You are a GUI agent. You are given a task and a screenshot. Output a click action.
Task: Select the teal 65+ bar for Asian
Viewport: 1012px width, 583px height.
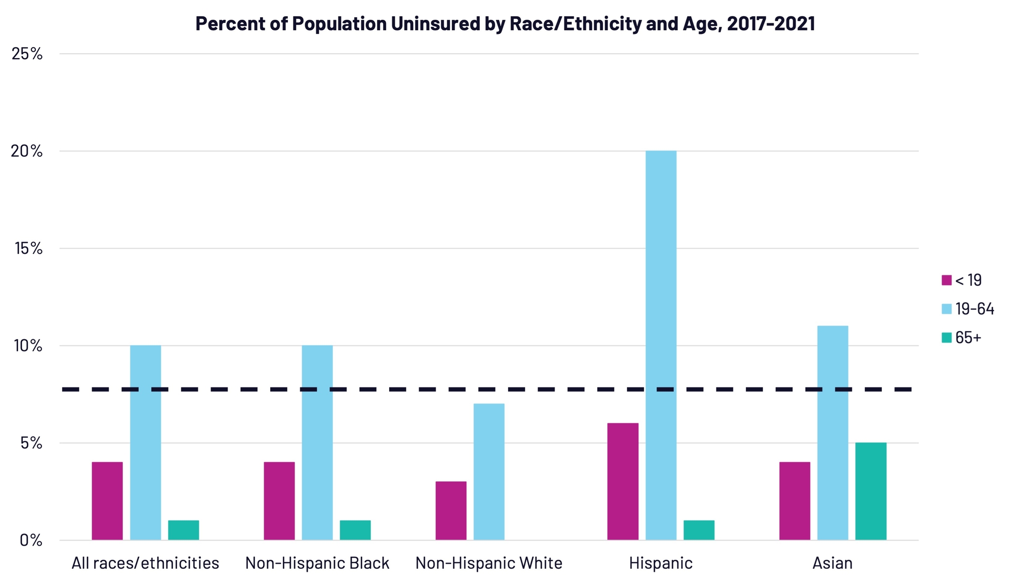pos(871,491)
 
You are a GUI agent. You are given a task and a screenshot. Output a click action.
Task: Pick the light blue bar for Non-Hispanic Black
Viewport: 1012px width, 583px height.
pos(317,442)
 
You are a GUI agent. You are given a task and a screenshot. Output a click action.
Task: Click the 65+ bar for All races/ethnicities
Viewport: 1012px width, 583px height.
pos(184,530)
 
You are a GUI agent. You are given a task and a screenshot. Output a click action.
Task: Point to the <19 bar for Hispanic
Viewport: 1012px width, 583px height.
pos(623,481)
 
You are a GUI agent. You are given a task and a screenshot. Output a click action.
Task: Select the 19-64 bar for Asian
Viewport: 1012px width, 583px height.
pos(832,433)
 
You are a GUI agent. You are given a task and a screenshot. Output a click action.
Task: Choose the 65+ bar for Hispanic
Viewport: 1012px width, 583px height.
pos(699,530)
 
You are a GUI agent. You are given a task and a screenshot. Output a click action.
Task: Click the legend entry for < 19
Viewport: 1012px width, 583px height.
pos(961,280)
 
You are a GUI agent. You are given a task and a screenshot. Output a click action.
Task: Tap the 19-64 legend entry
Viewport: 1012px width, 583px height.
pos(967,309)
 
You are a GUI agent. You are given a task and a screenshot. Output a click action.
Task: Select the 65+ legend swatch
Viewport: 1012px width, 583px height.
pos(947,338)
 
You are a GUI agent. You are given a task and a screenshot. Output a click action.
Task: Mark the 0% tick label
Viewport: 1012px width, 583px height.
pos(30,540)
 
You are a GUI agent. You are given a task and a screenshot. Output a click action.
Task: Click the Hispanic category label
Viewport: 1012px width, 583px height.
pos(660,563)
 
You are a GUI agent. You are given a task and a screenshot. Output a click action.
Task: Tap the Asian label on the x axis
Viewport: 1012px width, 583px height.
pos(832,563)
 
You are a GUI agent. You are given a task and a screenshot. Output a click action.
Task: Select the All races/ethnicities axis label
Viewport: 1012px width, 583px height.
pos(145,563)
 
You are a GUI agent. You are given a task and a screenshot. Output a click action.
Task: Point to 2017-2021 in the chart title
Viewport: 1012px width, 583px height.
pos(771,24)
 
